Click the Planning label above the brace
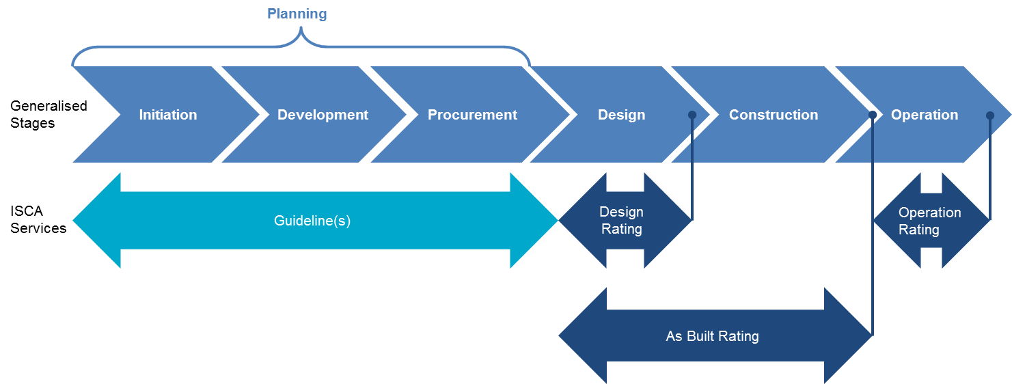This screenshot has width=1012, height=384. [x=297, y=14]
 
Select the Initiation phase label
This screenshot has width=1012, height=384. [x=168, y=115]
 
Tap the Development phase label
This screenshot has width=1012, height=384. [x=323, y=115]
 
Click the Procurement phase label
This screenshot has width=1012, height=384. [x=472, y=115]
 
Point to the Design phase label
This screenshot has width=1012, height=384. [x=621, y=115]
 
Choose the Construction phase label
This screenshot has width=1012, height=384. [x=774, y=115]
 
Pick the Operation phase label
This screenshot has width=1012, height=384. [x=925, y=115]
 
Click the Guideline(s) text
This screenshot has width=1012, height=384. [x=312, y=221]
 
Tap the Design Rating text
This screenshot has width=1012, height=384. [x=621, y=220]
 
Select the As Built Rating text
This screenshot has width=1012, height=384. [x=712, y=336]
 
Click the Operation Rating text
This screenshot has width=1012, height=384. [x=929, y=221]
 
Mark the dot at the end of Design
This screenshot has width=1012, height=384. [x=692, y=115]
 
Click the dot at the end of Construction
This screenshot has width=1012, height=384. [x=873, y=115]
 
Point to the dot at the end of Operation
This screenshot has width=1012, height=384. [x=990, y=115]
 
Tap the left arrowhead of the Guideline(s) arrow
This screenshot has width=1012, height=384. [x=96, y=221]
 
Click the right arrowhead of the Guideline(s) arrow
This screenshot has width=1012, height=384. [x=534, y=221]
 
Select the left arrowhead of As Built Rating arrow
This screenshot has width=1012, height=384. [x=582, y=336]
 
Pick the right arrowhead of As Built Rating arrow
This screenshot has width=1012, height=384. [x=849, y=336]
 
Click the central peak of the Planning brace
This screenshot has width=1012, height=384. [x=301, y=31]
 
